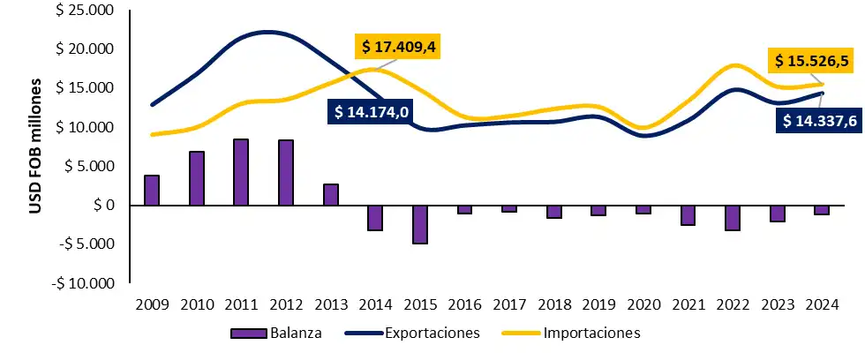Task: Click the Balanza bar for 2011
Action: click(241, 172)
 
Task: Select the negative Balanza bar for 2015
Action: click(420, 224)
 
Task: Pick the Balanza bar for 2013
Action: click(331, 195)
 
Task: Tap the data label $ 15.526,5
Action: click(812, 61)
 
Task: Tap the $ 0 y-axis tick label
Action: click(101, 205)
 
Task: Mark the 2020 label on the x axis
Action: click(643, 304)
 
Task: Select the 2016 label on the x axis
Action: click(464, 304)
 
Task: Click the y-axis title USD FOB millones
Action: click(36, 147)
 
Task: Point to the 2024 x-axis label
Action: click(823, 304)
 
